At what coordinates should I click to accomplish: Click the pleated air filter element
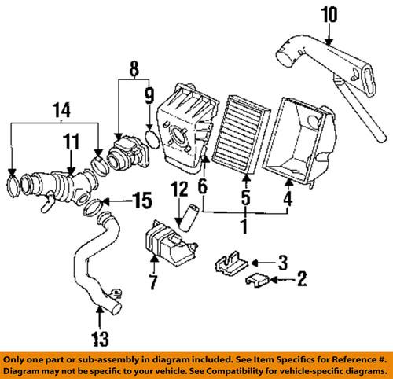click(x=244, y=127)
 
